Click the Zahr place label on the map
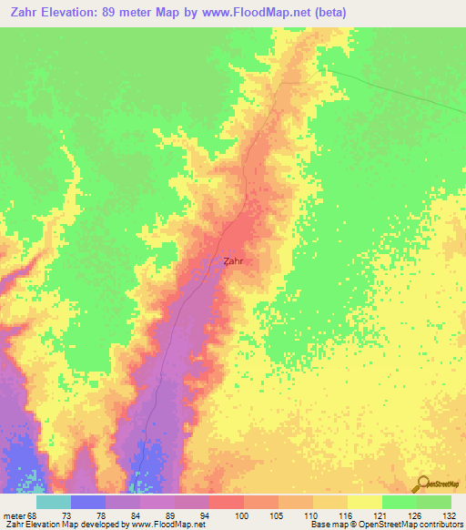tap(234, 260)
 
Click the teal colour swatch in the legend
tap(53, 502)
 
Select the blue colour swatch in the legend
tap(87, 502)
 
